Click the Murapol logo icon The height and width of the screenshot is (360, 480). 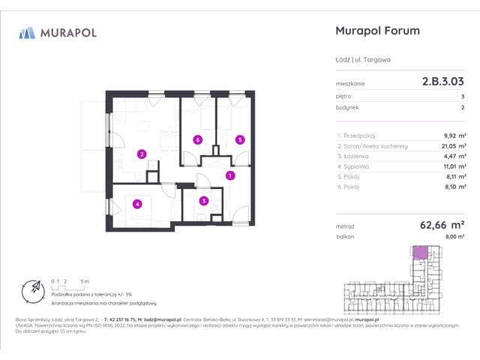tap(28, 32)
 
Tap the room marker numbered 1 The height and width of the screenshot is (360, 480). tap(230, 175)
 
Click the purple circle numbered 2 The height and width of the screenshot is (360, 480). tap(141, 154)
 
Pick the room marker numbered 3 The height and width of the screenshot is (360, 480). tap(203, 200)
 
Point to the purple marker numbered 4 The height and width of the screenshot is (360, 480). tap(137, 203)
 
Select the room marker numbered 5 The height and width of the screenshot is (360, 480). tap(239, 139)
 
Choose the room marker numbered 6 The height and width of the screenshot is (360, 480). tap(197, 139)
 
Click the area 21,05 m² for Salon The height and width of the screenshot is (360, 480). tap(451, 146)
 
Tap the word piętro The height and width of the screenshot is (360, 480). tap(344, 96)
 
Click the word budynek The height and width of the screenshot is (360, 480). tap(346, 109)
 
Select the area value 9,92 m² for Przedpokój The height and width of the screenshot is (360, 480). tap(453, 136)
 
